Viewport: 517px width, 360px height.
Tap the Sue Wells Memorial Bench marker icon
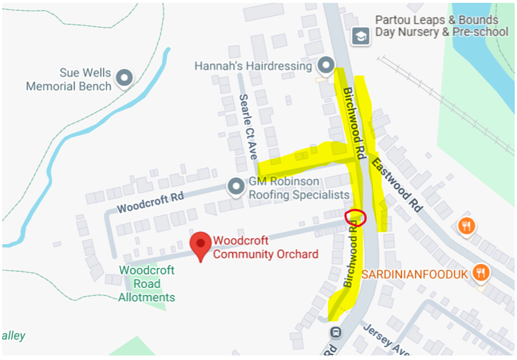coord(124,77)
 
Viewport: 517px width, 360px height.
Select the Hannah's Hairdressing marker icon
coord(326,66)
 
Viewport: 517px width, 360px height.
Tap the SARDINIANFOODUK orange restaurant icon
coord(481,272)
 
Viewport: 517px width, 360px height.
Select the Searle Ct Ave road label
coord(249,127)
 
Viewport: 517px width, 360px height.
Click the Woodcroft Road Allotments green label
coord(147,284)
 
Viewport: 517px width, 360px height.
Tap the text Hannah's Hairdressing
coord(253,66)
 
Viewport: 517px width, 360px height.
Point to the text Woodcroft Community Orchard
coord(266,248)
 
